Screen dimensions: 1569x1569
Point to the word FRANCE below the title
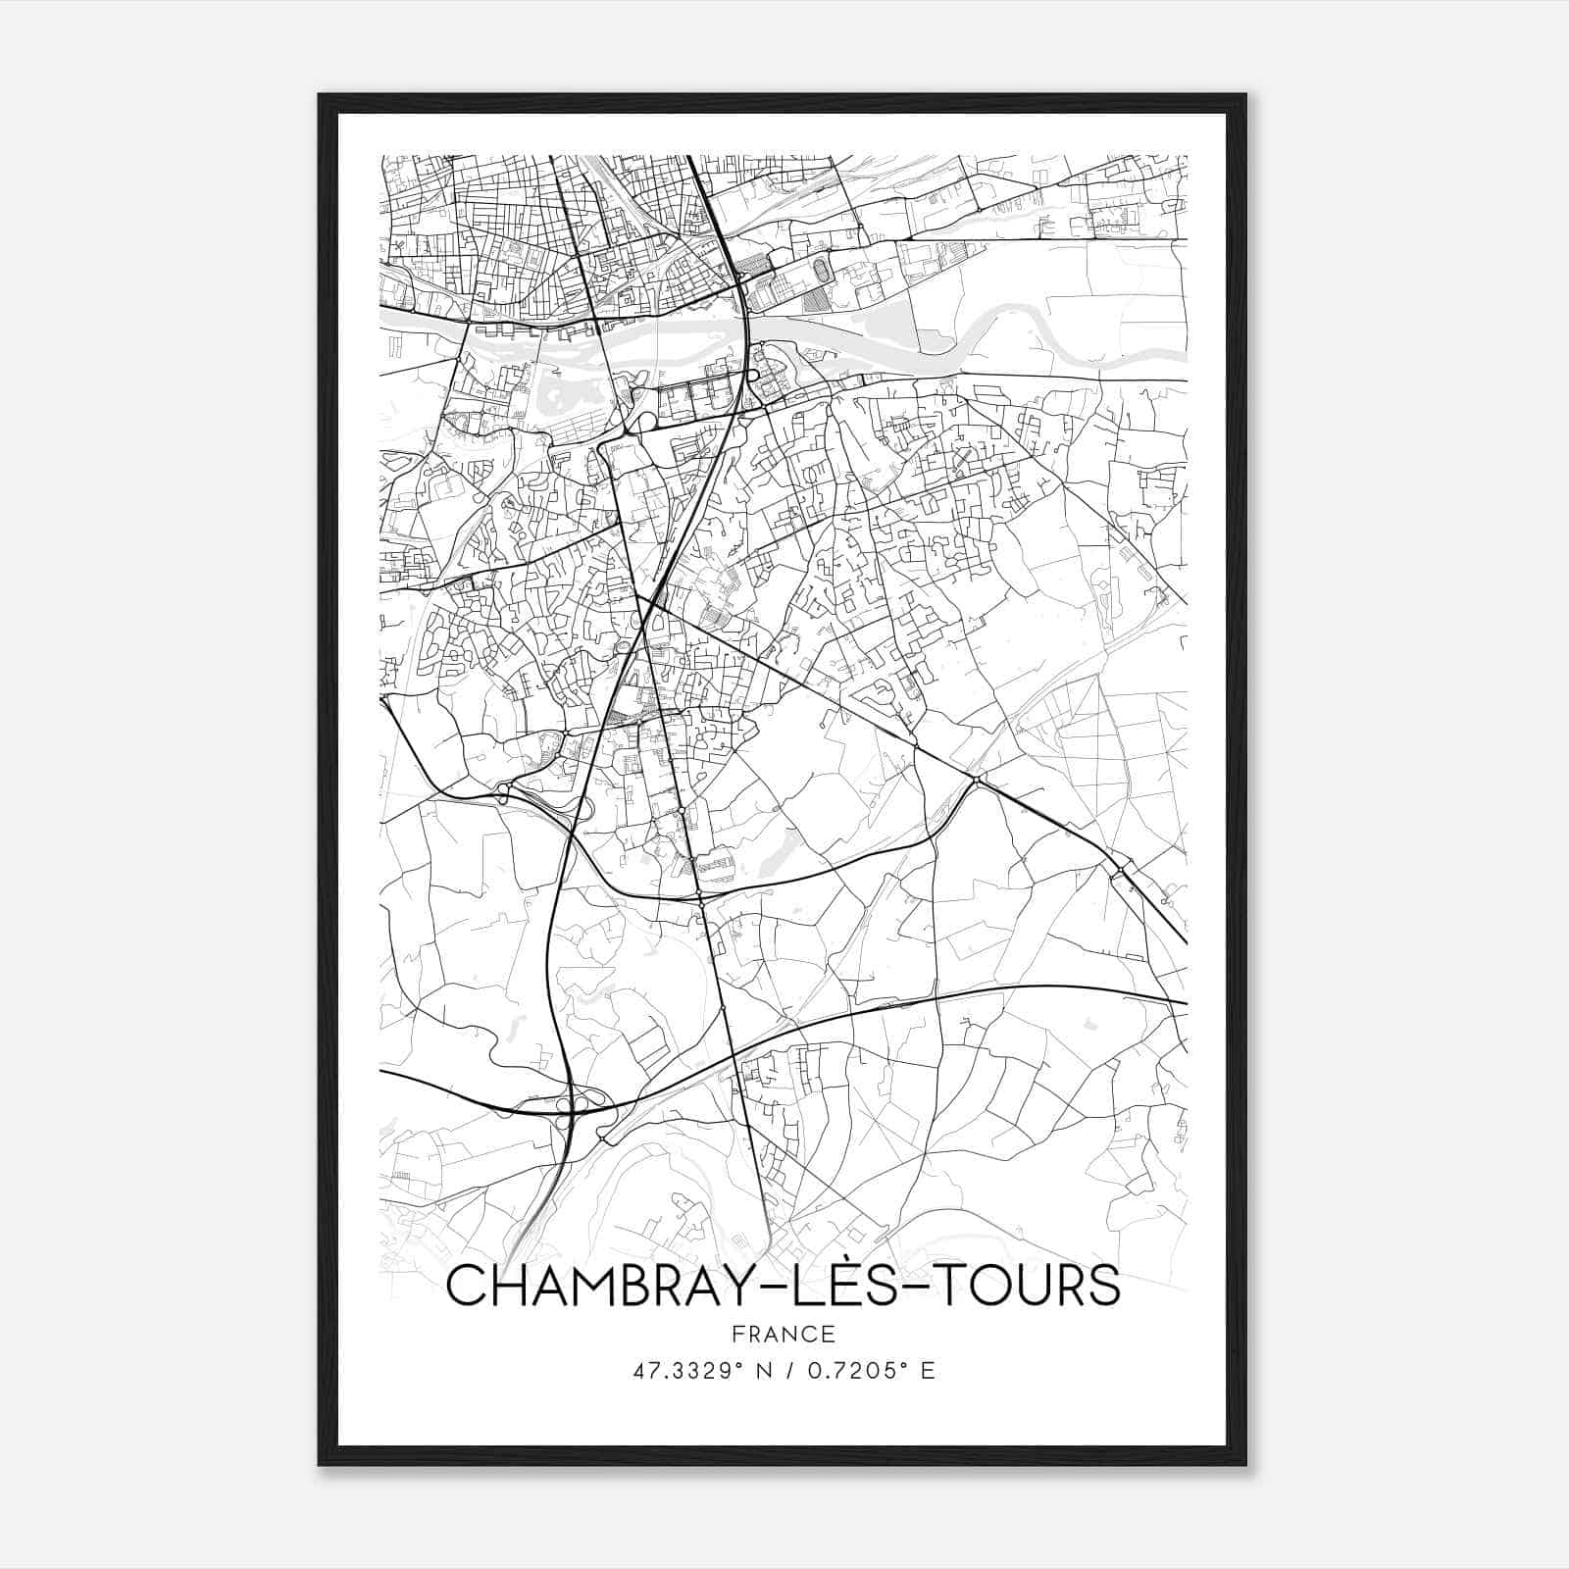point(783,1335)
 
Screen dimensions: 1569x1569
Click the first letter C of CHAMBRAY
point(467,1286)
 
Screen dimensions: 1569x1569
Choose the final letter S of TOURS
point(1102,1286)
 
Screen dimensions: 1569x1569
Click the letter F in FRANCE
point(737,1335)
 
